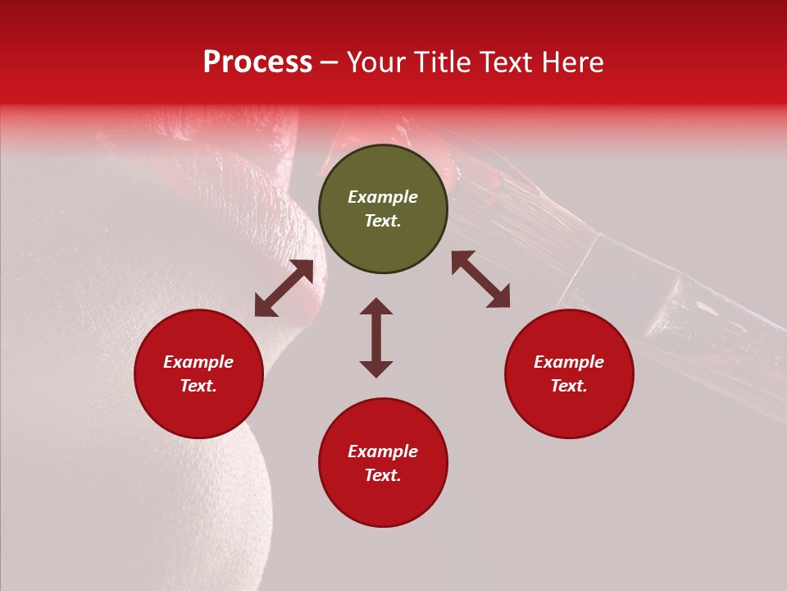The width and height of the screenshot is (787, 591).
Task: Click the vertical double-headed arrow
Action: pyautogui.click(x=376, y=337)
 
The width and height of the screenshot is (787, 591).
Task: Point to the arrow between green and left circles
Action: pyautogui.click(x=284, y=288)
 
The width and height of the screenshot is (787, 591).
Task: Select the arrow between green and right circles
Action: pyautogui.click(x=480, y=279)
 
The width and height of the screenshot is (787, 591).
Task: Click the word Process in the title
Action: pyautogui.click(x=257, y=62)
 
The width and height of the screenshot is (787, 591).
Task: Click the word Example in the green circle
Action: pyautogui.click(x=383, y=197)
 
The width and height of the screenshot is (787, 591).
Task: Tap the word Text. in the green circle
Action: pyautogui.click(x=383, y=221)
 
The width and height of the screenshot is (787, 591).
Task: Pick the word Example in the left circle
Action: pyautogui.click(x=198, y=362)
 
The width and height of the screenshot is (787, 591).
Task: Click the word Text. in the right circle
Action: pyautogui.click(x=569, y=386)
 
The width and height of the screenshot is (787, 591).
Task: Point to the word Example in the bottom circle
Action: pyautogui.click(x=383, y=451)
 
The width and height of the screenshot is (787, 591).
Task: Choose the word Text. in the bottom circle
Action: pyautogui.click(x=383, y=475)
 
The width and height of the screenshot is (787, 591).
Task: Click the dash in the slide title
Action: pyautogui.click(x=330, y=63)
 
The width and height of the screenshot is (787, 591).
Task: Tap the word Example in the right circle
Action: pyautogui.click(x=569, y=362)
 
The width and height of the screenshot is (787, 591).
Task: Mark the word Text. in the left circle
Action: pyautogui.click(x=198, y=386)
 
